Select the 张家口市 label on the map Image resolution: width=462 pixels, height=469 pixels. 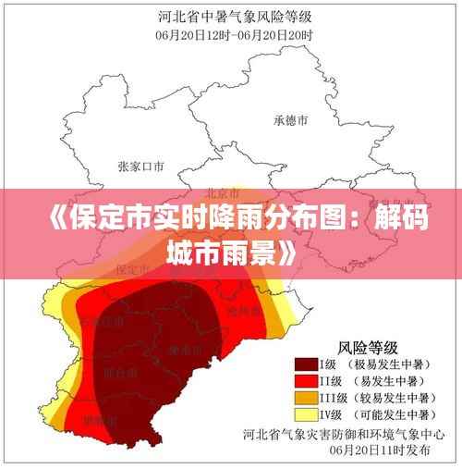tap(140, 167)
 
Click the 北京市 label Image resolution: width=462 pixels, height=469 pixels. tap(222, 194)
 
